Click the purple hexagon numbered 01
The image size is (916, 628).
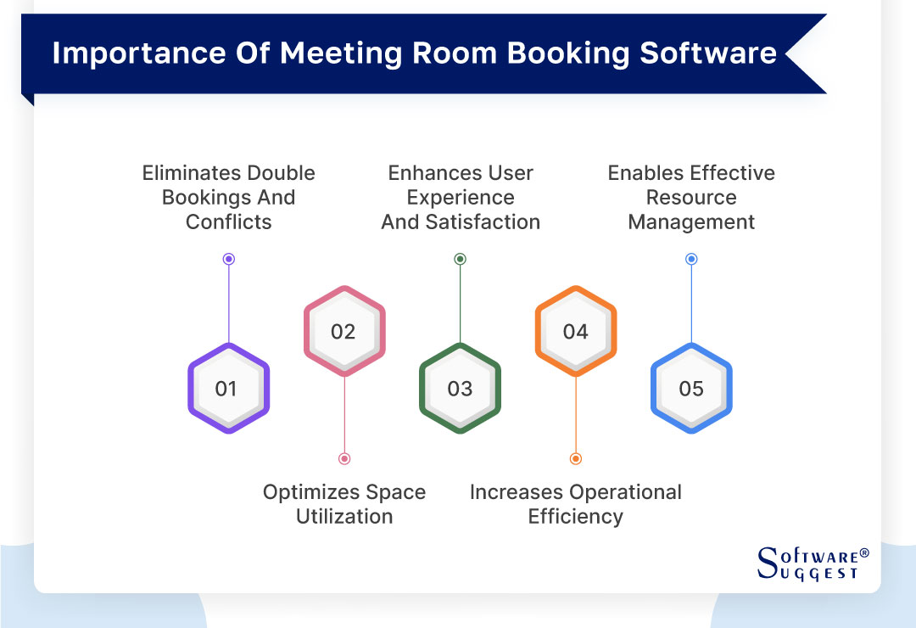click(228, 389)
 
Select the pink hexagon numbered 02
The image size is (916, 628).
click(344, 331)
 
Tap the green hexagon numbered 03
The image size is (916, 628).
click(460, 389)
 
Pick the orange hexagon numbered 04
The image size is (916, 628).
click(575, 331)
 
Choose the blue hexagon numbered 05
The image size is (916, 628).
click(691, 389)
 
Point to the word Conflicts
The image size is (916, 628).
click(228, 222)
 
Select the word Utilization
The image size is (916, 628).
click(344, 516)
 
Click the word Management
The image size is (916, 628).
click(691, 222)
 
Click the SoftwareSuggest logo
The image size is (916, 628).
click(813, 563)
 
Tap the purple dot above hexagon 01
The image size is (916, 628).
click(228, 259)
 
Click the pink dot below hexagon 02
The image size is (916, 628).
click(344, 458)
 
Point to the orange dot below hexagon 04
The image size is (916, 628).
click(575, 458)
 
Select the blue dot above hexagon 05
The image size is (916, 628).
click(691, 259)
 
